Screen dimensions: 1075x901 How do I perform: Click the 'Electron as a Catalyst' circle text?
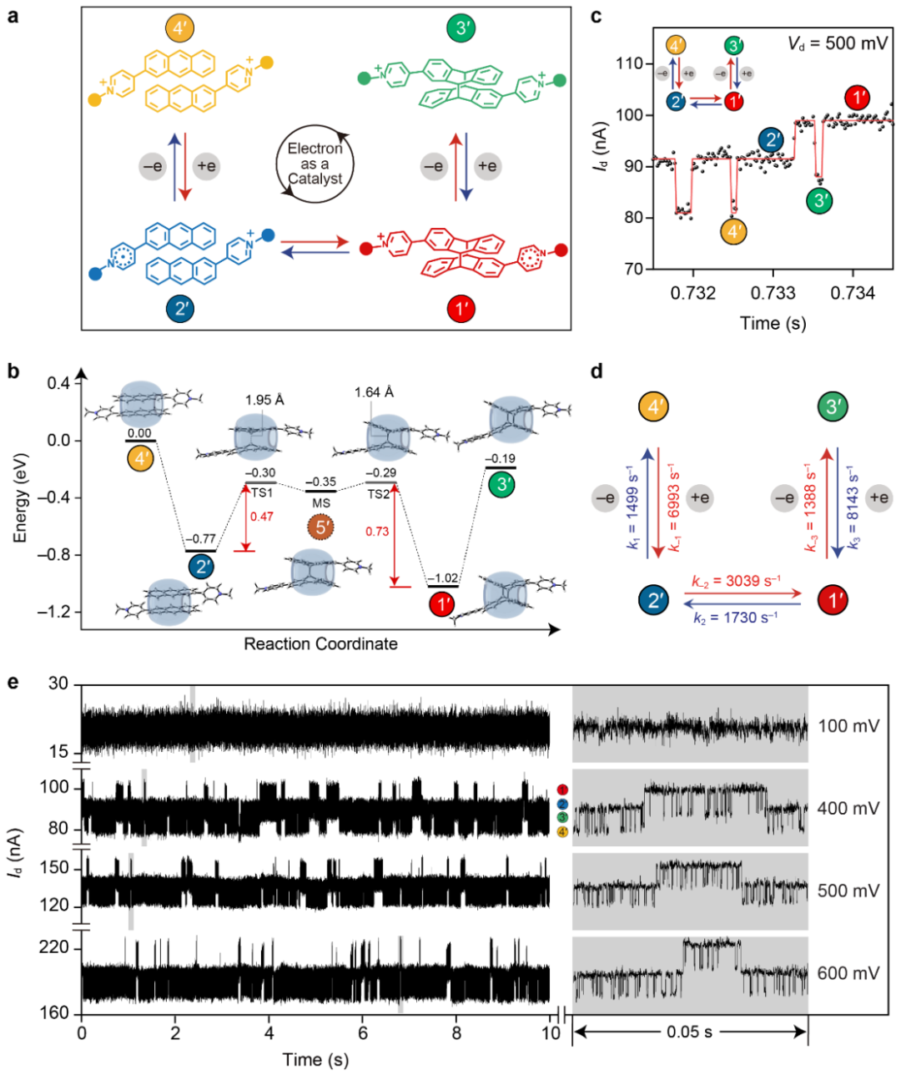315,164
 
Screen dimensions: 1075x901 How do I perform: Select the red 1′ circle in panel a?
461,310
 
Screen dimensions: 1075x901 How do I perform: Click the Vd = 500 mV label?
838,43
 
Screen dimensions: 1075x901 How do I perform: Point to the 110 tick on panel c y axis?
628,63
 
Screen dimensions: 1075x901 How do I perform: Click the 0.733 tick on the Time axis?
773,293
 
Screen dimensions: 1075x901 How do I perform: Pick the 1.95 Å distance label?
264,400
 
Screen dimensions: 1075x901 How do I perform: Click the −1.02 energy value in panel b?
442,578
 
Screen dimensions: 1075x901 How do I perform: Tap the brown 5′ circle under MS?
321,527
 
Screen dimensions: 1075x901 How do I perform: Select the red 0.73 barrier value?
377,531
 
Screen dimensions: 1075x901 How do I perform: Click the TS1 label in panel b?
263,493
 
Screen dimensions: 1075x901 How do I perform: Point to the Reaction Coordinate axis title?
320,643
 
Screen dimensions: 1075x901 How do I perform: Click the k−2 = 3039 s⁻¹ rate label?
737,582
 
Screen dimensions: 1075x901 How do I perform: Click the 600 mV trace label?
848,973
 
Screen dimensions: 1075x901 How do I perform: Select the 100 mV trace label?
848,726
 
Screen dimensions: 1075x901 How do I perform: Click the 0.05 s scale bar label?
689,1032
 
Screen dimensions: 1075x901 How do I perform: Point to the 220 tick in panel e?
58,948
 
